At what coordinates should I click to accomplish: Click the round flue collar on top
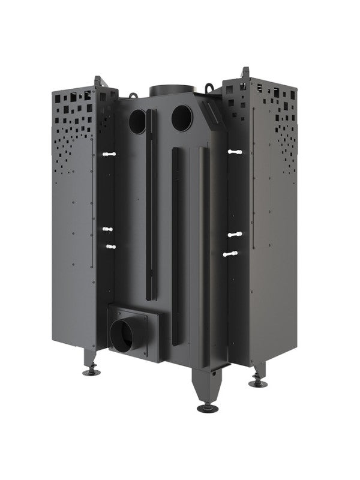[x=172, y=91]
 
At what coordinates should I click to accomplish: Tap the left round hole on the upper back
[x=137, y=122]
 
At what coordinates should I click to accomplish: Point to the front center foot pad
[x=208, y=408]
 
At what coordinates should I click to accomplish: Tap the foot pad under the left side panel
[x=91, y=371]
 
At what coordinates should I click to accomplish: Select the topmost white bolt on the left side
[x=109, y=154]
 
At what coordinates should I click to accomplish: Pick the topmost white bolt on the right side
[x=234, y=152]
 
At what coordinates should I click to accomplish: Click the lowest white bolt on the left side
[x=109, y=245]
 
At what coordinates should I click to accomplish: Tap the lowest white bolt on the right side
[x=231, y=254]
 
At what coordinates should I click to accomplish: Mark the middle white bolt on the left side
[x=107, y=229]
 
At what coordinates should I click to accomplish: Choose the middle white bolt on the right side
[x=235, y=235]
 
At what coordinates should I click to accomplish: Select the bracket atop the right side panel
[x=245, y=74]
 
